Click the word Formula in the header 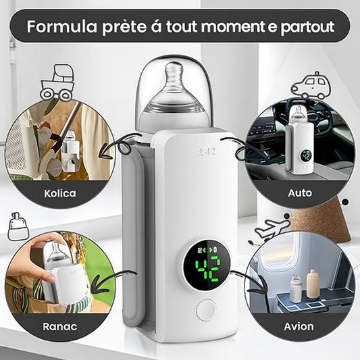[x=61, y=26]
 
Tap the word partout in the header [x=307, y=27]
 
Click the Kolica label [x=60, y=193]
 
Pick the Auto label [x=300, y=193]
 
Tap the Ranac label [x=60, y=326]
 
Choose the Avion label [x=299, y=326]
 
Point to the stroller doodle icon [x=58, y=82]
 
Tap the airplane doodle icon [x=271, y=230]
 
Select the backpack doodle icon [x=18, y=227]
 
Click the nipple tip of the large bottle [x=172, y=67]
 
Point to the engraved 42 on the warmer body [x=207, y=151]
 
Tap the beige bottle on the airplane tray [x=312, y=285]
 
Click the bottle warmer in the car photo [x=299, y=139]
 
